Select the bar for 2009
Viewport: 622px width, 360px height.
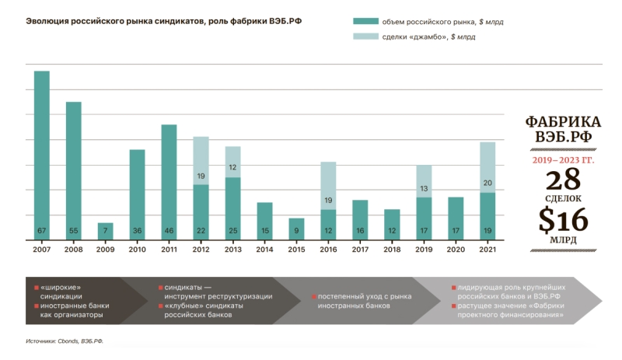(105, 231)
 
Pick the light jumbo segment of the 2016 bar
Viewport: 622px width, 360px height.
(328, 185)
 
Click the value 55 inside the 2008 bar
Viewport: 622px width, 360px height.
(73, 231)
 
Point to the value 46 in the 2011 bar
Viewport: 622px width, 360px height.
(169, 231)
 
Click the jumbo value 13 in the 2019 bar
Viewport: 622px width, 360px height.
(424, 188)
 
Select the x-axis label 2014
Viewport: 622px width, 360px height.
(264, 250)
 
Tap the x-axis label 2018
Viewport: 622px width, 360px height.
(392, 250)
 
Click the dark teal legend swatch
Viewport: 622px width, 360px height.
(364, 21)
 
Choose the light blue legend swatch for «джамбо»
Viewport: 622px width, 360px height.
(364, 36)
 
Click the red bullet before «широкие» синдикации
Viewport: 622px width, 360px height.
(36, 288)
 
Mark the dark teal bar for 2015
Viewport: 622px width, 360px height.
(296, 229)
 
